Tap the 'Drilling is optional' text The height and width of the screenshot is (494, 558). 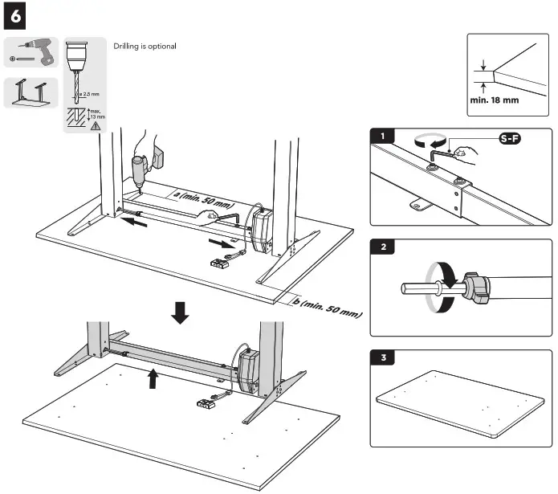(x=145, y=47)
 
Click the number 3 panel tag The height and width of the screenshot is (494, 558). (x=386, y=357)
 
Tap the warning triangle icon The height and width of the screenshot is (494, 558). (x=96, y=126)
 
